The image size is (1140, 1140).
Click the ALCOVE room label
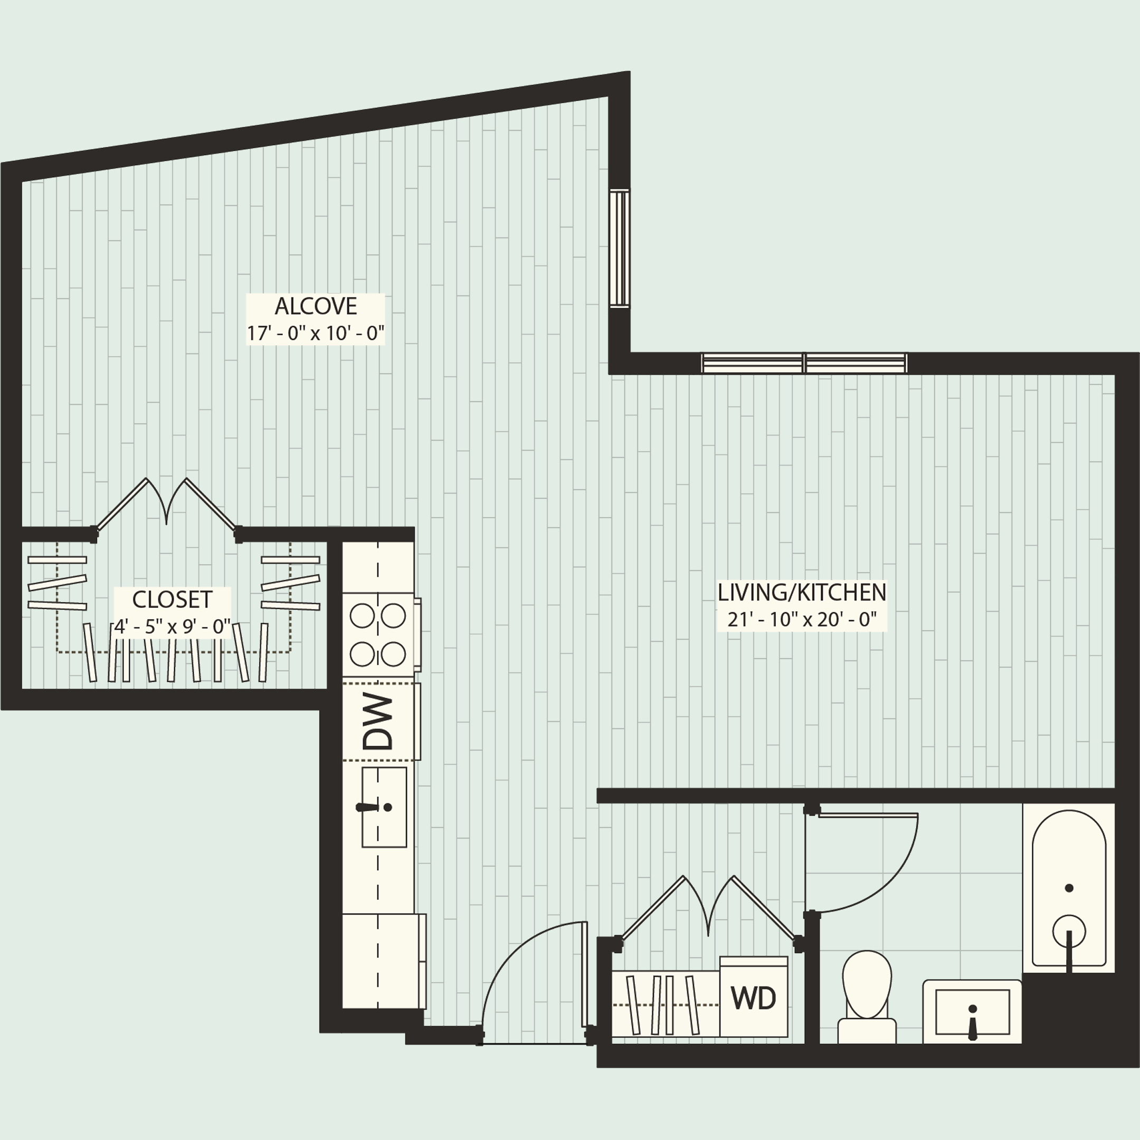[x=316, y=307]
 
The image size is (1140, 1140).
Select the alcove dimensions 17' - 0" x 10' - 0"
[x=315, y=334]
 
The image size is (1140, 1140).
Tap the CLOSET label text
[x=172, y=600]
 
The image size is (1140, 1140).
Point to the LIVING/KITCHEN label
[x=802, y=592]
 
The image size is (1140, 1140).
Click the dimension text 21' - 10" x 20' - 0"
[x=802, y=620]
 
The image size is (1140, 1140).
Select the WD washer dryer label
[x=754, y=999]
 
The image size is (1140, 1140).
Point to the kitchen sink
[x=384, y=807]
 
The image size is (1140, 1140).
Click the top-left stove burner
[x=362, y=616]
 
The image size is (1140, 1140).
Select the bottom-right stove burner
[x=394, y=654]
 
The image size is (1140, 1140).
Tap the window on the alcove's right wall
[x=620, y=248]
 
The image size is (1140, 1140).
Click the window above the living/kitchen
[x=804, y=363]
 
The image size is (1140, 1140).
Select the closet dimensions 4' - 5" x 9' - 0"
[x=172, y=626]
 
